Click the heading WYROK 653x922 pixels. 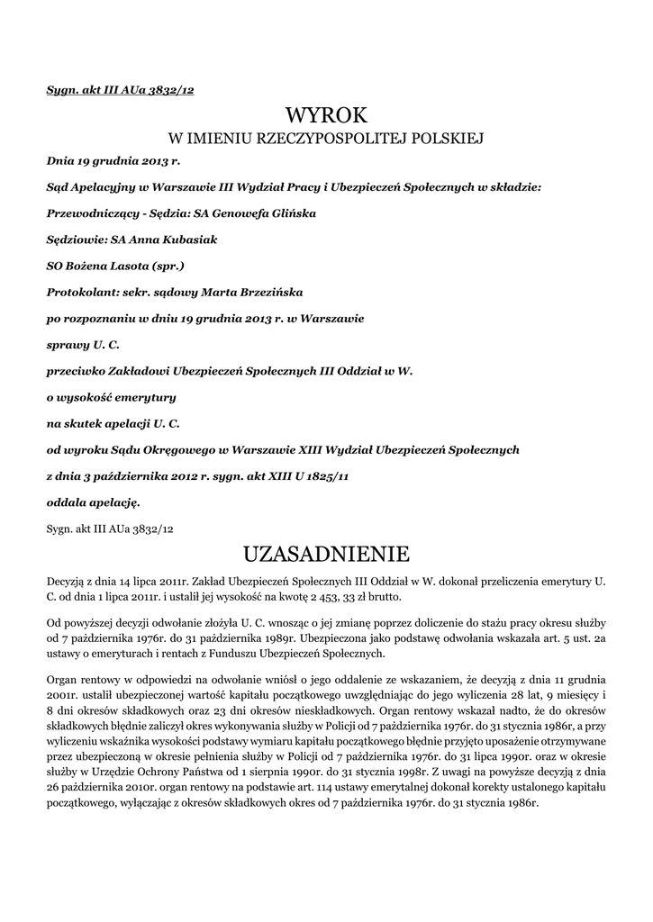327,114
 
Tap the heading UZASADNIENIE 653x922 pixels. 327,551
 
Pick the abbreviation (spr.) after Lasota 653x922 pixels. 167,267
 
